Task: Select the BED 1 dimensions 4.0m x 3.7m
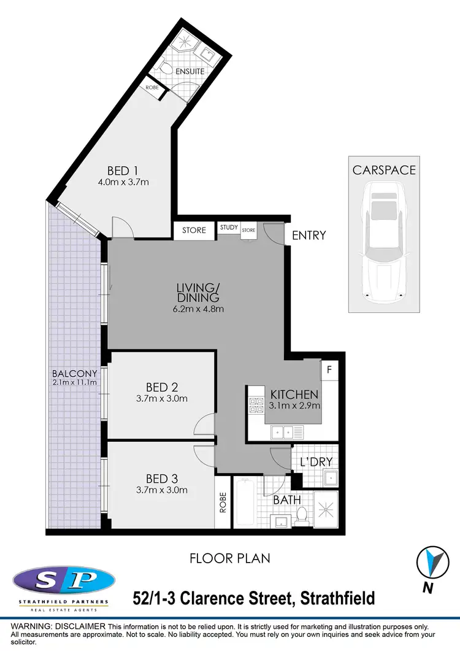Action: click(123, 182)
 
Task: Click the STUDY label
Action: click(229, 228)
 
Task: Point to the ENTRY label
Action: click(309, 235)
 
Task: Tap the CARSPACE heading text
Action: click(384, 170)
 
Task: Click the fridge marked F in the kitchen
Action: click(329, 370)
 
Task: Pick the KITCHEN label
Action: click(294, 395)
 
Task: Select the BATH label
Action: click(287, 500)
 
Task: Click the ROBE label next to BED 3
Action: click(223, 503)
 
